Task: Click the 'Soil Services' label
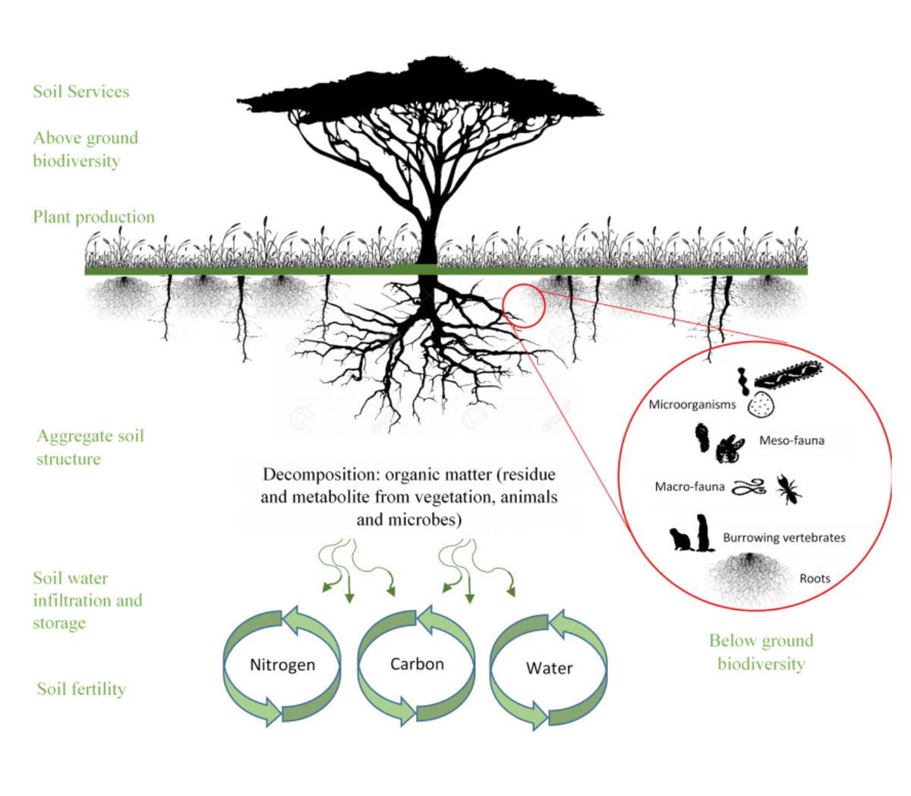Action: [x=80, y=92]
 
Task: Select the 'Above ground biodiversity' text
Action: [x=85, y=150]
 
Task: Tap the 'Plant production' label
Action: [x=93, y=217]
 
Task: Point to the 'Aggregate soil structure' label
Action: [x=90, y=447]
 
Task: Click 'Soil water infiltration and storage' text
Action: [x=87, y=601]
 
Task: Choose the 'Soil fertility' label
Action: [x=81, y=690]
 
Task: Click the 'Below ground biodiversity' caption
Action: [x=761, y=652]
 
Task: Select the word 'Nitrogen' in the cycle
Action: [x=282, y=665]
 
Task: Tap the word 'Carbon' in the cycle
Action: [x=417, y=665]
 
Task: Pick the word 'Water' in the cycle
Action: [x=549, y=669]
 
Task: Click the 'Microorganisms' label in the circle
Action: [x=692, y=405]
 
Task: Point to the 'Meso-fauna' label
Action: [x=792, y=441]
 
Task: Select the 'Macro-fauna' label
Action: [x=689, y=487]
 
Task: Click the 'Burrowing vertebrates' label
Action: [x=783, y=538]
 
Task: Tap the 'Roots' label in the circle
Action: [x=815, y=579]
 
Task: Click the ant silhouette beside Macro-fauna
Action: [x=788, y=489]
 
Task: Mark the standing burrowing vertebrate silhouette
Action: [x=705, y=532]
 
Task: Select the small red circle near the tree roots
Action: [x=524, y=306]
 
